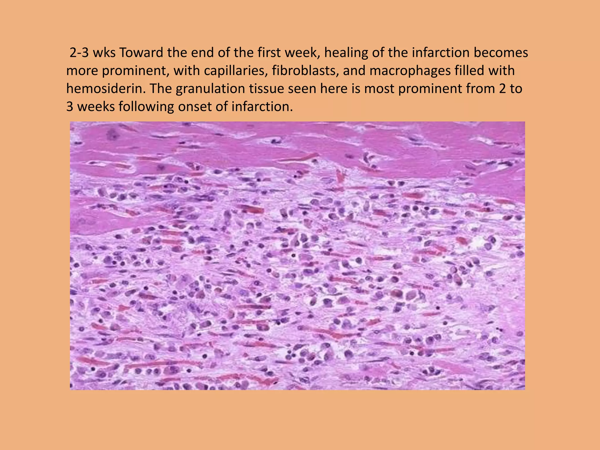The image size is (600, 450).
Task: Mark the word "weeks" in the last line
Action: [96, 107]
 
